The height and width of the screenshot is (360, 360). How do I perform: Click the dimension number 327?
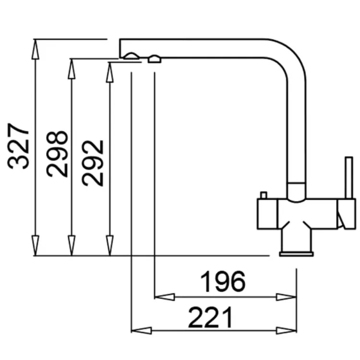[x=18, y=146]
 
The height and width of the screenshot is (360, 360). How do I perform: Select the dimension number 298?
[x=57, y=154]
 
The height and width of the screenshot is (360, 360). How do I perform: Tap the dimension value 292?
[x=93, y=163]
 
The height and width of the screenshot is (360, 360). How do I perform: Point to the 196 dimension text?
[x=223, y=281]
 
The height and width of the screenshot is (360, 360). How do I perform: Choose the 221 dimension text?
[x=210, y=318]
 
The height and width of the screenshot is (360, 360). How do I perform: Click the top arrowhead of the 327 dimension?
[x=35, y=49]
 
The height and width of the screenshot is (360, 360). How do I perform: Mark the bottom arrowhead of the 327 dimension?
[x=35, y=245]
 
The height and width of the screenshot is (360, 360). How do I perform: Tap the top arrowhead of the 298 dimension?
[x=72, y=69]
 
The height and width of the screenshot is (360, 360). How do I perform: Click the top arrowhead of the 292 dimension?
[x=110, y=72]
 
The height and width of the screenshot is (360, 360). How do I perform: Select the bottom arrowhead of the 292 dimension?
[x=110, y=245]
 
